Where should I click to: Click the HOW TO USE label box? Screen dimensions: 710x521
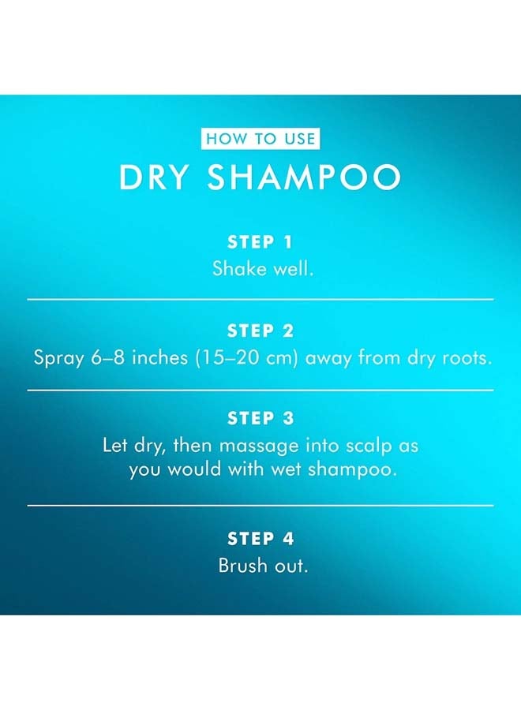tap(260, 140)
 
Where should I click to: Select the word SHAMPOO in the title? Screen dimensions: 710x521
tap(305, 178)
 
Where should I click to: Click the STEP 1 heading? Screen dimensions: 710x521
tap(260, 242)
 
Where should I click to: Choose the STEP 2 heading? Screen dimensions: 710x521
tap(260, 331)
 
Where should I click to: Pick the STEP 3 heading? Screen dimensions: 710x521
tap(260, 418)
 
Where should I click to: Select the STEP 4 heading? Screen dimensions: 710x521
tap(260, 539)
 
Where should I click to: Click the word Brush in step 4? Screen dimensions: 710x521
tap(241, 566)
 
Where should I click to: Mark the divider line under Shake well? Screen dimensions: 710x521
tap(260, 300)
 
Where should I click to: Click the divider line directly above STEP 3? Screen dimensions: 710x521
tap(260, 390)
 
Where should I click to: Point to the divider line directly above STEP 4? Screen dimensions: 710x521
tap(260, 505)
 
